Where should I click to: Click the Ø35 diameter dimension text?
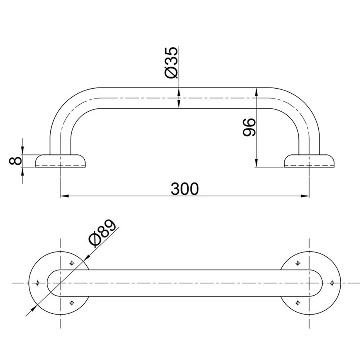pos(171,62)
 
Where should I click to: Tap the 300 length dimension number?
pos(184,189)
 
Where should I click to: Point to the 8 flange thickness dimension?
pos(14,161)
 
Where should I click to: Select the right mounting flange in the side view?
pos(309,161)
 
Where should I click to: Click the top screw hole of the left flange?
pos(72,264)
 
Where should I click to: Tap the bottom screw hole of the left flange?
pos(72,303)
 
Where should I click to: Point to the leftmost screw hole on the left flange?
pos(37,283)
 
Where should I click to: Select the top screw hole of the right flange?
pos(297,264)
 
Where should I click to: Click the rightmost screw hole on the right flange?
pos(332,283)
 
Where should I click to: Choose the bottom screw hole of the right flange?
pos(297,303)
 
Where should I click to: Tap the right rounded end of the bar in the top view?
pos(317,283)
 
